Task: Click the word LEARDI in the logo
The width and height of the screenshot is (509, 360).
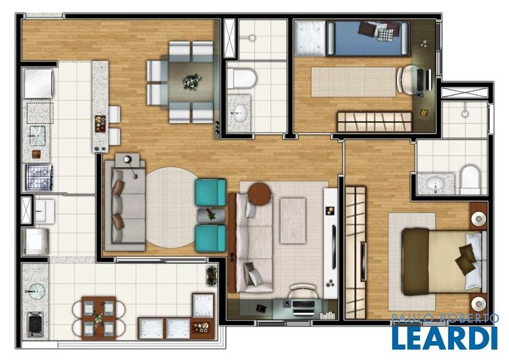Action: pyautogui.click(x=445, y=338)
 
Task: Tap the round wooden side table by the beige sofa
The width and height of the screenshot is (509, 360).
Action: pyautogui.click(x=259, y=194)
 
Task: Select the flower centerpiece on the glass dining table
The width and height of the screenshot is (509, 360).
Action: pyautogui.click(x=192, y=82)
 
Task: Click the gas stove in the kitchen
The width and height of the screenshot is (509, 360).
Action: pyautogui.click(x=39, y=177)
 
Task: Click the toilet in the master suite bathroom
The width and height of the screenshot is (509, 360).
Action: pyautogui.click(x=470, y=179)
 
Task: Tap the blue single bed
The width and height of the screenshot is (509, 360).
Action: pyautogui.click(x=368, y=38)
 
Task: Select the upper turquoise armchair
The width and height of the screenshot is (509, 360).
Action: pyautogui.click(x=210, y=192)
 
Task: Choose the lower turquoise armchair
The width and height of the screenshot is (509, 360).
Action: pyautogui.click(x=210, y=238)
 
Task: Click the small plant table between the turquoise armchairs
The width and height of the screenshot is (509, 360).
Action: pyautogui.click(x=210, y=215)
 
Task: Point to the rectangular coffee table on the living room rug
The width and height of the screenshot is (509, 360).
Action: pyautogui.click(x=293, y=221)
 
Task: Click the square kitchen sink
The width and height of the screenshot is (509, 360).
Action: pyautogui.click(x=37, y=135)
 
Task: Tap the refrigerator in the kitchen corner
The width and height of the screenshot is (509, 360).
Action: pyautogui.click(x=38, y=84)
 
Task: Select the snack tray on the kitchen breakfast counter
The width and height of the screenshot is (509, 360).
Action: pyautogui.click(x=100, y=124)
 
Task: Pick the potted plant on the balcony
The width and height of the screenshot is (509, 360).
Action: pyautogui.click(x=212, y=276)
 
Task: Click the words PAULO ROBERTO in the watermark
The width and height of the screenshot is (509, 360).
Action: pyautogui.click(x=445, y=319)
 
